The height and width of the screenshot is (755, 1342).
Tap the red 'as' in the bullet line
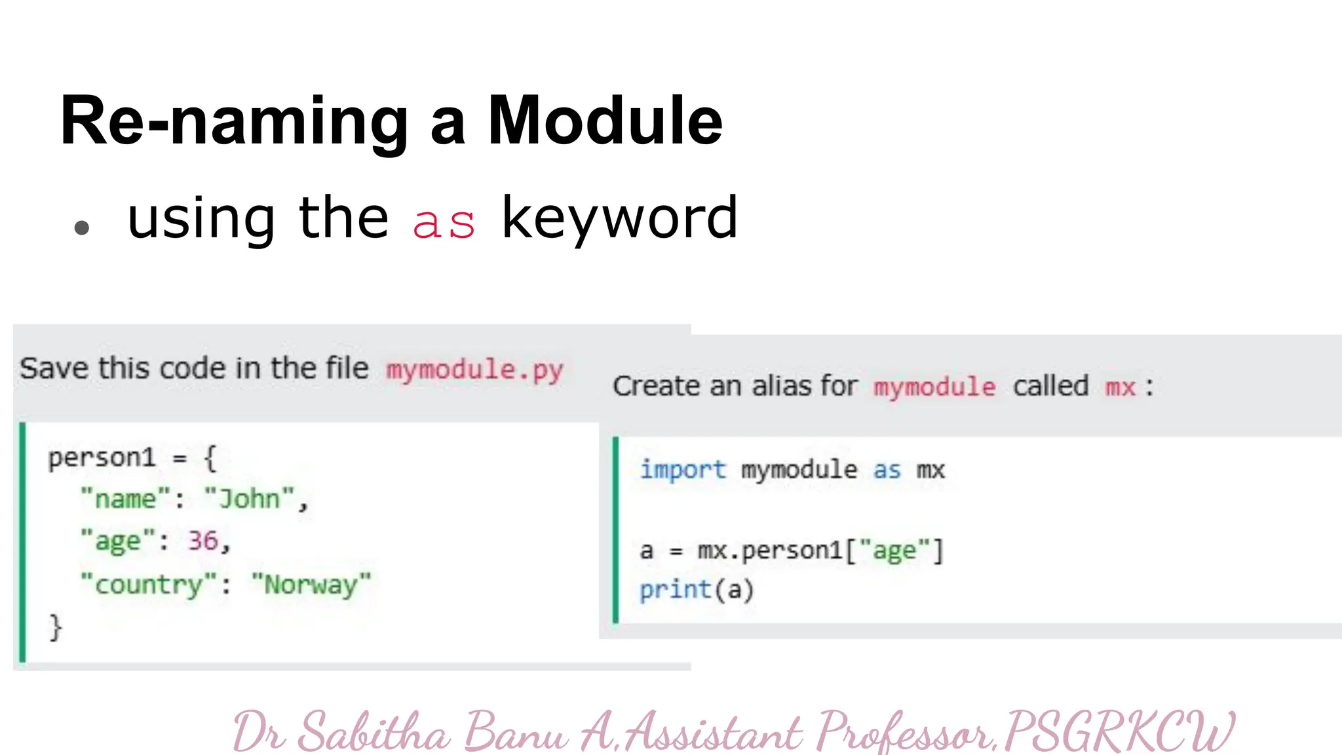pos(444,223)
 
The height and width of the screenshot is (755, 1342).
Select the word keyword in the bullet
pos(619,219)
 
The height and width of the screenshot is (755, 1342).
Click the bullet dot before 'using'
pos(82,227)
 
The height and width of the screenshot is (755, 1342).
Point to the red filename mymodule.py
pos(474,370)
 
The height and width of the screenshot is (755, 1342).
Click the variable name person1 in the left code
pos(102,457)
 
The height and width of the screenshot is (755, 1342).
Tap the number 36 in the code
pos(202,541)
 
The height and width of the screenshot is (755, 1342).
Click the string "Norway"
pos(311,584)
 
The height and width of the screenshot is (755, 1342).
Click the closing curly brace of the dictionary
pos(56,627)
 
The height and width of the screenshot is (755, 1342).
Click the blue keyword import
pos(683,470)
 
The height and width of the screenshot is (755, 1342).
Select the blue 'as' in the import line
pos(887,470)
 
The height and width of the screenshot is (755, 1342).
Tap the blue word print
pos(675,590)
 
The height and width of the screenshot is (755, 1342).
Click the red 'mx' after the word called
pos(1120,387)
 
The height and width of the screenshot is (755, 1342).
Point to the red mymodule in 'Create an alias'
pos(934,387)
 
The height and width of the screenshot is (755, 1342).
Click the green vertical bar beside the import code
pos(615,530)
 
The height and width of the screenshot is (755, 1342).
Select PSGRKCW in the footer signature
pos(1118,731)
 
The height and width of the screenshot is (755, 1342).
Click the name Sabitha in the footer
pos(374,731)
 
